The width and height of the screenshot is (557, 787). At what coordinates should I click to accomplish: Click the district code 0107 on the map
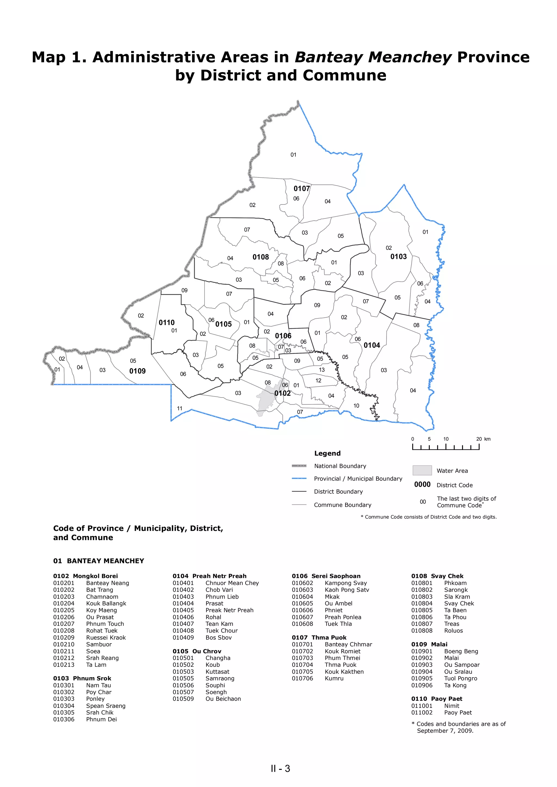[301, 189]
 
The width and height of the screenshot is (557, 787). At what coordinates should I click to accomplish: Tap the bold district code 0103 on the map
[398, 256]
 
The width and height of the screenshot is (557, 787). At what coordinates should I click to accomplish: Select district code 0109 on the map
[137, 371]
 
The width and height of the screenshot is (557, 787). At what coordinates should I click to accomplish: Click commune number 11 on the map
[180, 408]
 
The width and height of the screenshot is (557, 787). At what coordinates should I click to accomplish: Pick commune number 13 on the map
[321, 370]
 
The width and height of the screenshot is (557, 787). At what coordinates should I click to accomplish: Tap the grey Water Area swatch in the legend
[422, 470]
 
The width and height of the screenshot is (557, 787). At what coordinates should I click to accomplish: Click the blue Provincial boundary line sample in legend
[299, 478]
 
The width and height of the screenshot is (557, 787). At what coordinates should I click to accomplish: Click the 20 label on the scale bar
[479, 439]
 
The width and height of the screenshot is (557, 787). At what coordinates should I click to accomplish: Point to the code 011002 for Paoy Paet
[422, 712]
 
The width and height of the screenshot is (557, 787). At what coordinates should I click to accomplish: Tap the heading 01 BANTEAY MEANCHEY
[98, 561]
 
